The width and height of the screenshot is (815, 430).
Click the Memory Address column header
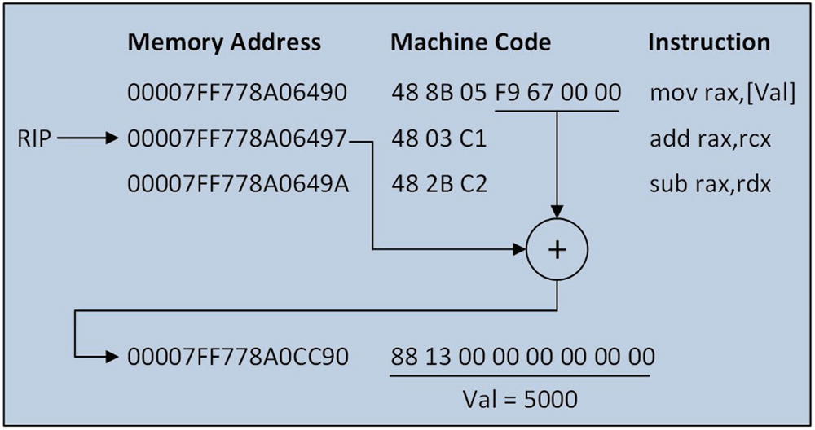tap(224, 42)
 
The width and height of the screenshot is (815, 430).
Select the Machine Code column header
tap(470, 42)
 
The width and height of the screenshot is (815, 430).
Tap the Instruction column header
tap(708, 42)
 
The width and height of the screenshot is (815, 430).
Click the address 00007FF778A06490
tap(238, 93)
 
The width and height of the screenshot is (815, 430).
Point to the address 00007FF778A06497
tap(238, 139)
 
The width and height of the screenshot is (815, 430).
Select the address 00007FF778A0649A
tap(238, 185)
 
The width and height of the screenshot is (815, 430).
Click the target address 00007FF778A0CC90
tap(238, 357)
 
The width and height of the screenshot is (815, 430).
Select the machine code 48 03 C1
tap(438, 139)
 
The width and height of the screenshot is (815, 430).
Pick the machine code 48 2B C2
tap(438, 185)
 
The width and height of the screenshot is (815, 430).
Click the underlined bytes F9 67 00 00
tap(558, 93)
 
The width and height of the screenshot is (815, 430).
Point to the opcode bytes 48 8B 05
tap(440, 93)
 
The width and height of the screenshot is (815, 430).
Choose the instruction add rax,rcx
tap(710, 139)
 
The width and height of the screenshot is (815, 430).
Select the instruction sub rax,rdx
tap(710, 185)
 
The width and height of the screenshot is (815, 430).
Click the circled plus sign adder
tap(557, 249)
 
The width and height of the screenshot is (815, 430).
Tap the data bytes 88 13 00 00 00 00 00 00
tap(522, 357)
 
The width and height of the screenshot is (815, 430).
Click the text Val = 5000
tap(520, 399)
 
